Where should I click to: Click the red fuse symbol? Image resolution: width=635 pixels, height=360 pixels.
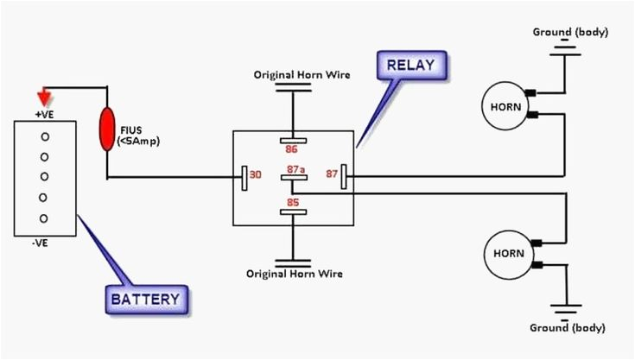pos(107,129)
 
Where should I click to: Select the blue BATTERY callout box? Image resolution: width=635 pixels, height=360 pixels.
pos(145,300)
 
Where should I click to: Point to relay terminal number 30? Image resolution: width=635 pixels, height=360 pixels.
pos(255,175)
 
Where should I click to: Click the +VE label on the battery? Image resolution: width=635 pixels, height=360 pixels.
pos(45,113)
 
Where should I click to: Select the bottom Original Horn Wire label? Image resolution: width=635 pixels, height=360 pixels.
pos(295,274)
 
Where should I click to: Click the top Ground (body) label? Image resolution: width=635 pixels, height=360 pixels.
pos(570,31)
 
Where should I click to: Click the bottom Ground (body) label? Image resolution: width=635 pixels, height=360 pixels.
pos(568,328)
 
